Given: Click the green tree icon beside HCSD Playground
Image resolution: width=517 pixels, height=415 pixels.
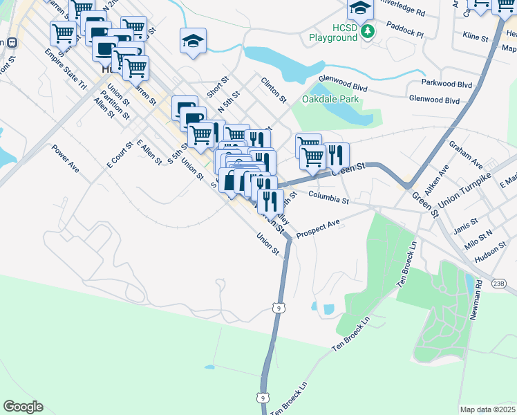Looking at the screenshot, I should pos(369,30).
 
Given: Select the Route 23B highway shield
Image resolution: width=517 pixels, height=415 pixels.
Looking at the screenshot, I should pos(500,283).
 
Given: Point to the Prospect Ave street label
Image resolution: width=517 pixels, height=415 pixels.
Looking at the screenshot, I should pos(318,230).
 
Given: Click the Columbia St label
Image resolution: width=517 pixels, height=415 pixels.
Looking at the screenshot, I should pos(328,198).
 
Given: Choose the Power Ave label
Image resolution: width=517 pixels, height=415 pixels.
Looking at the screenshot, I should pos(66,157).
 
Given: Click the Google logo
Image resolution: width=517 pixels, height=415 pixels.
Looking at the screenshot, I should pos(23,407).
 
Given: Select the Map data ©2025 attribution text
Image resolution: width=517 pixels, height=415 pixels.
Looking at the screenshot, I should pos(487,409).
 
